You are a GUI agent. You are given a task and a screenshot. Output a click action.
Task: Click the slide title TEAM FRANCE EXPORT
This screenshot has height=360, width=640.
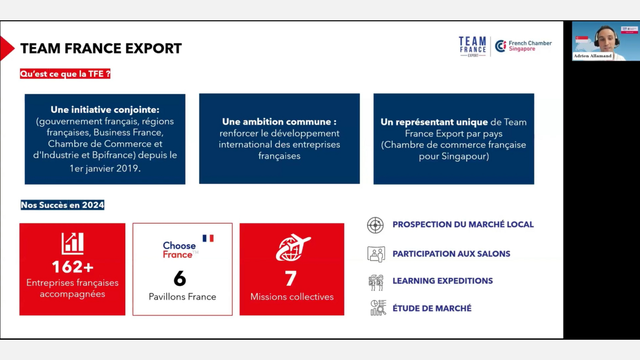tap(101, 49)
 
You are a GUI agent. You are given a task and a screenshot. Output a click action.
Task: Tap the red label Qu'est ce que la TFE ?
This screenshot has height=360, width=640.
tap(65, 74)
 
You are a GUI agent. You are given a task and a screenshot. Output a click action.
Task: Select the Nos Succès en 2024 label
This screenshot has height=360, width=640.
tap(62, 205)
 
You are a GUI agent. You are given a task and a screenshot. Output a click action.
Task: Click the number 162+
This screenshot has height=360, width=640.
tap(73, 267)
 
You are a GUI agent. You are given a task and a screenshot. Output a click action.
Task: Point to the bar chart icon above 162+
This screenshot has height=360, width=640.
tap(73, 243)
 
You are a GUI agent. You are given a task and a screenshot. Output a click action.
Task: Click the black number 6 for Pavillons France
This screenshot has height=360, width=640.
tap(180, 278)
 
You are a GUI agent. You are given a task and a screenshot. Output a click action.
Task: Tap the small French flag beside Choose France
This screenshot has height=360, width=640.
tap(208, 238)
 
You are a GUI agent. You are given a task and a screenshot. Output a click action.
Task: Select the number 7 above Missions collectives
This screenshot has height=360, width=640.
tap(291, 278)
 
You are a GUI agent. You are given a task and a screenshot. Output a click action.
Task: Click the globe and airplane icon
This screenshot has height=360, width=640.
tap(293, 247)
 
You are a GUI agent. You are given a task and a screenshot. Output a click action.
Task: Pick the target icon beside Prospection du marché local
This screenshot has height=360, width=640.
tap(375, 225)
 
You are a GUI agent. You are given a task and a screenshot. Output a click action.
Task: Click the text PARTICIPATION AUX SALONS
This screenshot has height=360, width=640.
tap(451, 254)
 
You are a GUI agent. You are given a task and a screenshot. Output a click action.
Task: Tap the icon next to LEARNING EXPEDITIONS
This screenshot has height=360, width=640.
tap(376, 283)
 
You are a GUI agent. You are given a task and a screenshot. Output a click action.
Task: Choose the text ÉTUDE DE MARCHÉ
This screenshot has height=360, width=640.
tap(432, 308)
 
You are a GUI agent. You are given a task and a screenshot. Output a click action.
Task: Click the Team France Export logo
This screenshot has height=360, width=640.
tap(473, 46)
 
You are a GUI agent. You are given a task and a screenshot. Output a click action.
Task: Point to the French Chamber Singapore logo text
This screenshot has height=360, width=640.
tap(530, 46)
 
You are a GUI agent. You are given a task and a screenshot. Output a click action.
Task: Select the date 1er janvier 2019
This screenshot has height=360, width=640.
tap(105, 169)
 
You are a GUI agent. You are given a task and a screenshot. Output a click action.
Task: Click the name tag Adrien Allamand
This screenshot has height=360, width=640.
tap(593, 55)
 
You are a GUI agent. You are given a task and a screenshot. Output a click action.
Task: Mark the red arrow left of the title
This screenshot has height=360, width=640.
tap(6, 49)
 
